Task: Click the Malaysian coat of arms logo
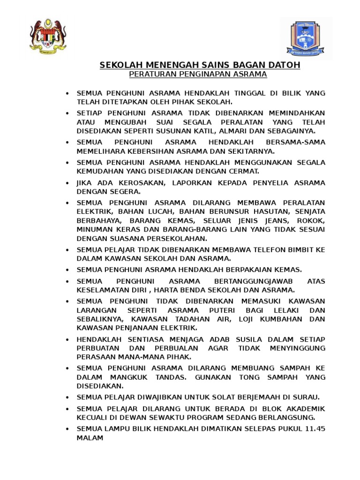[48, 36]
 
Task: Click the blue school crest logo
[307, 38]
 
